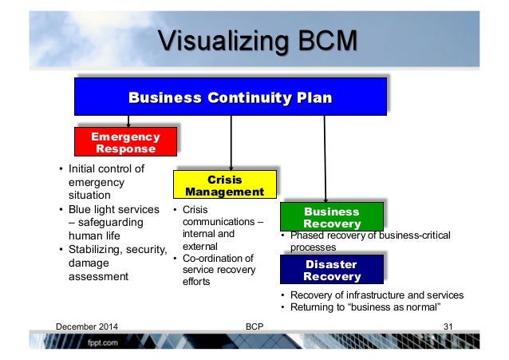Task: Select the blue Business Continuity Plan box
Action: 230,97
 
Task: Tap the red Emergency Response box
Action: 124,142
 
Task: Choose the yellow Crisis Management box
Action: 224,185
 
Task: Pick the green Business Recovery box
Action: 332,218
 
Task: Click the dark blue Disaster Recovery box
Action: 332,270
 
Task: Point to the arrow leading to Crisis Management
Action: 231,142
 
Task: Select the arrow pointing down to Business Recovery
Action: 326,160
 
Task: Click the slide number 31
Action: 448,326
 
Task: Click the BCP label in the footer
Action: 255,326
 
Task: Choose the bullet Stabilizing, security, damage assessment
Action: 109,263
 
